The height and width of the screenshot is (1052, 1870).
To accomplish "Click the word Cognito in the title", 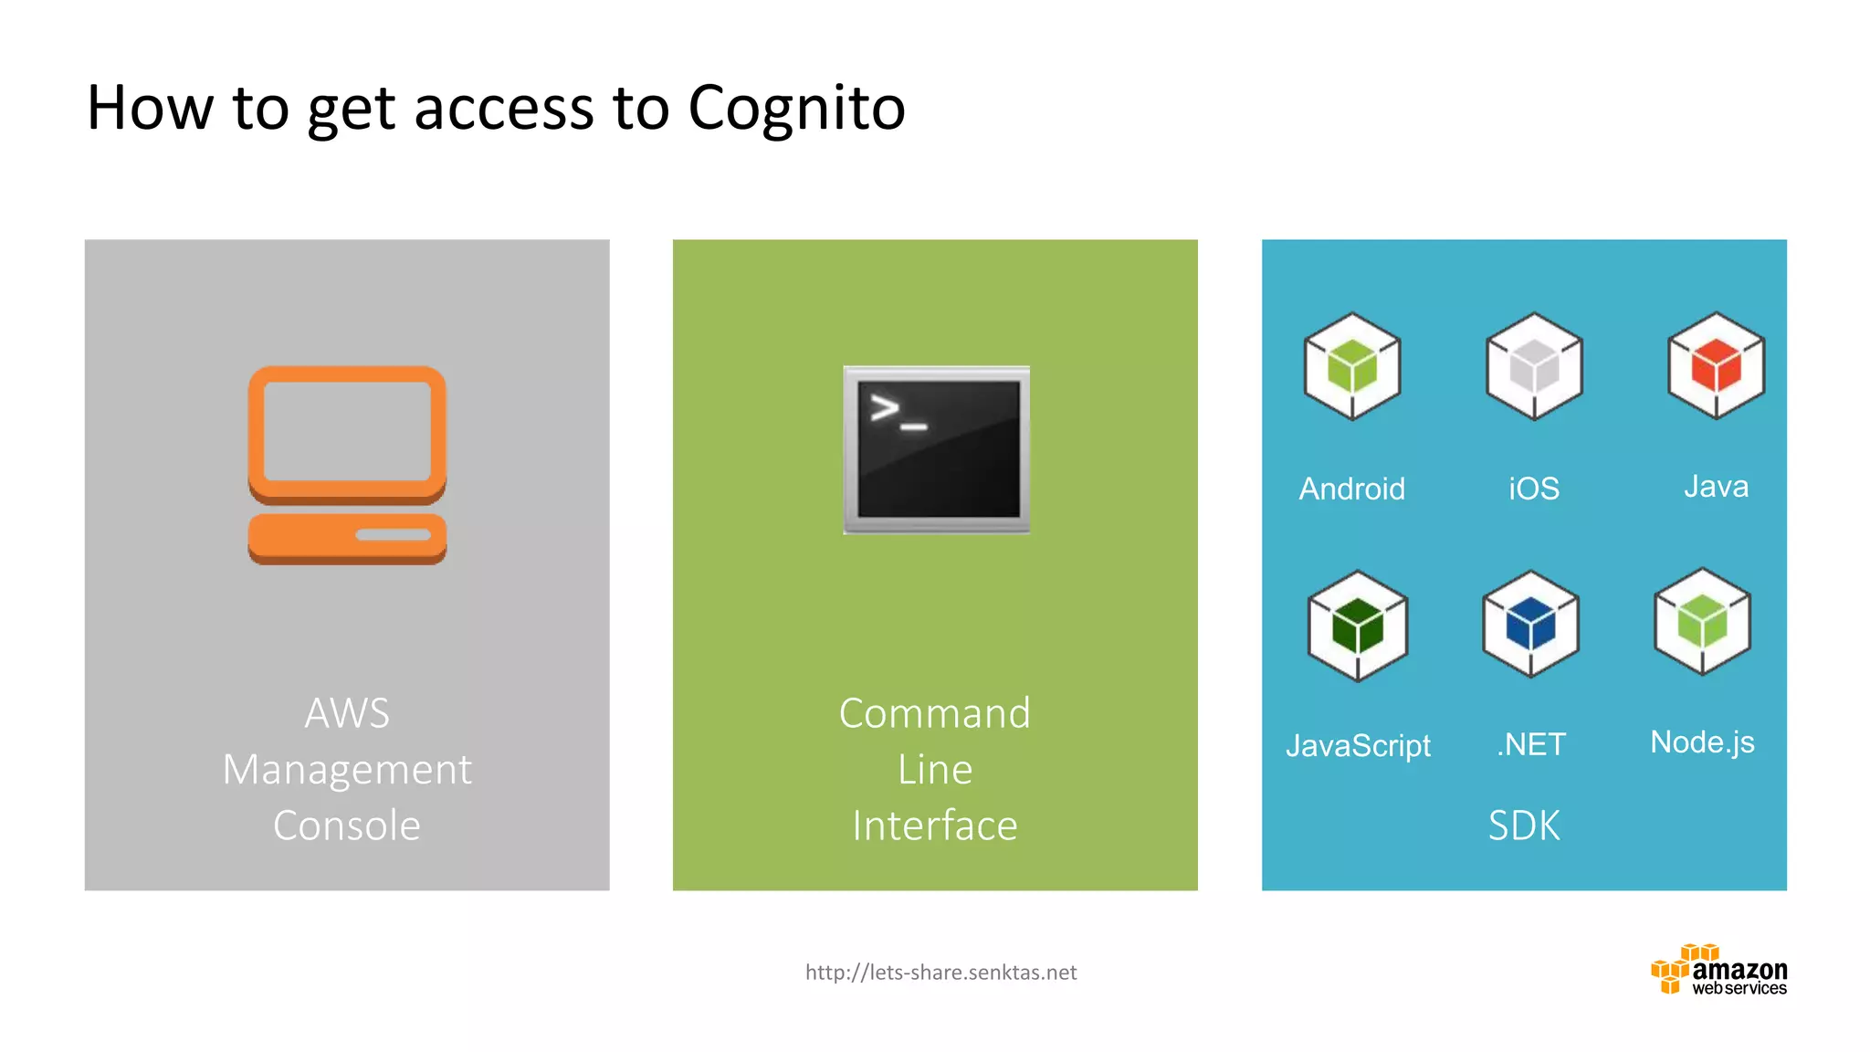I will pos(795,109).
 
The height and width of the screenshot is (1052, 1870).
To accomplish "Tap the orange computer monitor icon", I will pos(347,434).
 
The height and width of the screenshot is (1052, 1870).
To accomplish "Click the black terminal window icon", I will pos(937,449).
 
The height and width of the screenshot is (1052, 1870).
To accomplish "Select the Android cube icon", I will pos(1351,366).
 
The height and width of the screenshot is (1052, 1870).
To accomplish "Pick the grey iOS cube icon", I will pos(1534,366).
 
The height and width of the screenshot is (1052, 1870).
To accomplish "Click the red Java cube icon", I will pos(1716,365).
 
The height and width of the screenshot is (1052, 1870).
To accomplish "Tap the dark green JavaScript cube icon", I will pos(1358,626).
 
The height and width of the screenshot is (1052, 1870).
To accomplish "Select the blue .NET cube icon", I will pos(1530,624).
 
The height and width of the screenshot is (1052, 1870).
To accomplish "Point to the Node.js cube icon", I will pos(1702,622).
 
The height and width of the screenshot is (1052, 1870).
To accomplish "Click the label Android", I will pos(1351,489).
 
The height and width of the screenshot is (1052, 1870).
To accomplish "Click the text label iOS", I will pos(1534,489).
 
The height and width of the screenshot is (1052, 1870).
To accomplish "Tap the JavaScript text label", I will pos(1358,746).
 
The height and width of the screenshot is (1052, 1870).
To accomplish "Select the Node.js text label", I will pos(1702,742).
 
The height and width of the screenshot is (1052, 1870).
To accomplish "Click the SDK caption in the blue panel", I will pos(1524,826).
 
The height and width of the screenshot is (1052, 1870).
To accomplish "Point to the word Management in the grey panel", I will pos(347,770).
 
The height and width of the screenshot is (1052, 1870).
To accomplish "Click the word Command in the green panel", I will pos(935,713).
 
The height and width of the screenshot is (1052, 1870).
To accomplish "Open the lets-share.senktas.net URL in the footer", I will pos(940,973).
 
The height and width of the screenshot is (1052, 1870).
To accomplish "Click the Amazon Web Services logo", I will pos(1718,971).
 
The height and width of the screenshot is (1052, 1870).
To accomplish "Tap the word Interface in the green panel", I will pos(935,826).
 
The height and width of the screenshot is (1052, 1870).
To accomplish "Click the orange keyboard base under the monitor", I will pos(347,538).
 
